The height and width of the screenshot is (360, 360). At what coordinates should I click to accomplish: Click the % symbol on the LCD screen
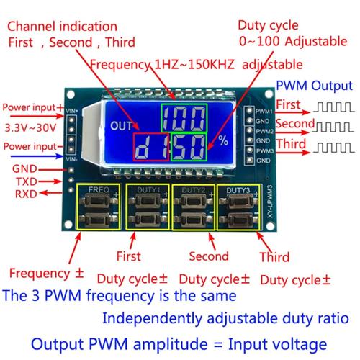click(x=222, y=141)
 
